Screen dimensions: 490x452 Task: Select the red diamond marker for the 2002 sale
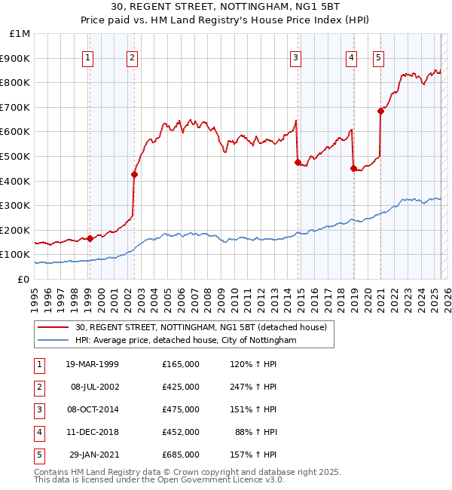click(x=134, y=175)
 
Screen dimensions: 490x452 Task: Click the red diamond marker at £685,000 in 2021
click(x=380, y=112)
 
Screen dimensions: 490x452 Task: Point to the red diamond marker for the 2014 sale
click(x=298, y=162)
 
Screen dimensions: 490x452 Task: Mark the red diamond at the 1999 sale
click(x=90, y=238)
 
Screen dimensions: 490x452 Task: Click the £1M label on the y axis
click(x=20, y=34)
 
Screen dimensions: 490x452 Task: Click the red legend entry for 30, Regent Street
click(x=200, y=328)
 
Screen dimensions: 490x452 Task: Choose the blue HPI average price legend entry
click(x=185, y=341)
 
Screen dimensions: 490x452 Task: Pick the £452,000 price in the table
click(x=181, y=432)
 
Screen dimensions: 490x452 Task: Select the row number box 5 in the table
click(x=38, y=455)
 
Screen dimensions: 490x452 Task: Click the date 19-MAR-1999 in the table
click(x=92, y=364)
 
